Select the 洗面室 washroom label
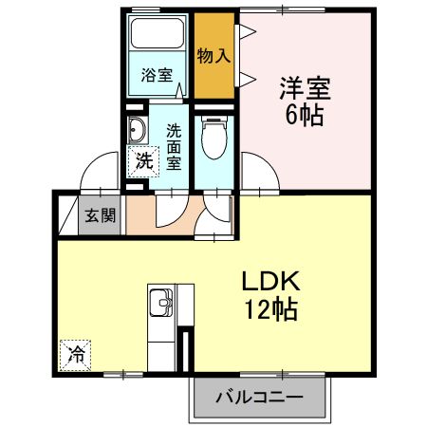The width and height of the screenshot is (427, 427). (x=174, y=147)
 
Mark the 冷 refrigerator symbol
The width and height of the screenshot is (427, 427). (x=74, y=355)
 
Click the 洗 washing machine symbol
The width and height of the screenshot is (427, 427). (x=141, y=160)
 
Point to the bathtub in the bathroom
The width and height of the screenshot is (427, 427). (x=158, y=36)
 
